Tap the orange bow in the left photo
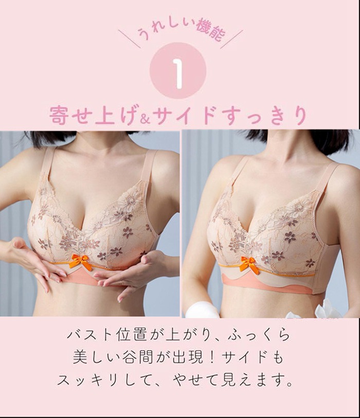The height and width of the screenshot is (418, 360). pyautogui.click(x=81, y=261)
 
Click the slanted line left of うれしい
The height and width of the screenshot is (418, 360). pyautogui.click(x=130, y=39)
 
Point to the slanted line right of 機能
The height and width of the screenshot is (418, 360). pyautogui.click(x=231, y=39)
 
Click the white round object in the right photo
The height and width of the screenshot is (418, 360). pyautogui.click(x=199, y=311)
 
